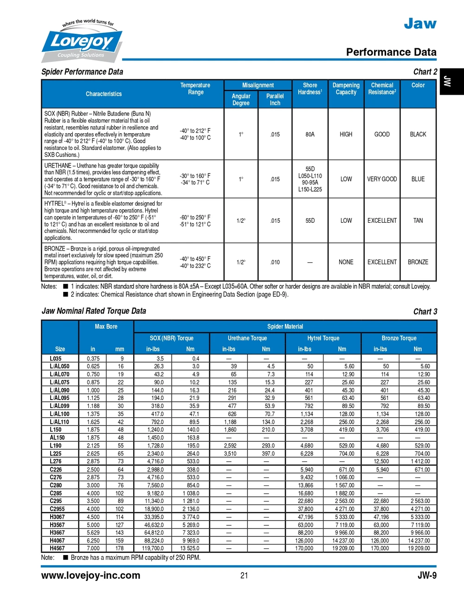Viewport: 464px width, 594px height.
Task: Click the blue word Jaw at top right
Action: pyautogui.click(x=420, y=23)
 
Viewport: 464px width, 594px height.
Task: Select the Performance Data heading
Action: pyautogui.click(x=391, y=52)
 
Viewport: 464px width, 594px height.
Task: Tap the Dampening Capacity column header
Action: pyautogui.click(x=346, y=89)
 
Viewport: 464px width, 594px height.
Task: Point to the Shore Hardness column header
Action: pyautogui.click(x=310, y=89)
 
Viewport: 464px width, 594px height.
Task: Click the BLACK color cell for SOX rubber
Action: pyautogui.click(x=418, y=135)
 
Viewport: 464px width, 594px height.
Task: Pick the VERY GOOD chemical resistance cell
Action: pyautogui.click(x=382, y=179)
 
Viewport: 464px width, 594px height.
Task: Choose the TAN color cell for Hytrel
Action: pyautogui.click(x=418, y=221)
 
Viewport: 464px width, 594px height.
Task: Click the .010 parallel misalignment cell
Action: pyautogui.click(x=275, y=262)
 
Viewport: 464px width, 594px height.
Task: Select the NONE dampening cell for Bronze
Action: pyautogui.click(x=346, y=262)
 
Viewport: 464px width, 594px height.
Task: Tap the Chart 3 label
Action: pyautogui.click(x=425, y=311)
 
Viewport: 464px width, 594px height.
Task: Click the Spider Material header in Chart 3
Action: pyautogui.click(x=285, y=327)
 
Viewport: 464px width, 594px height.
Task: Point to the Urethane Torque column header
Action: pyautogui.click(x=247, y=338)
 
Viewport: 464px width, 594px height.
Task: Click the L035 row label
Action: pyautogui.click(x=56, y=359)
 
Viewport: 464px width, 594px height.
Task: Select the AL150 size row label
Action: pyautogui.click(x=57, y=438)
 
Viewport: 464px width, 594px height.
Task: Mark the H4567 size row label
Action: pyautogui.click(x=57, y=548)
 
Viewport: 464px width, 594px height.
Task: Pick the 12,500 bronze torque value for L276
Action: pyautogui.click(x=381, y=461)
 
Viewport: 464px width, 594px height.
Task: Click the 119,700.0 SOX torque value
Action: pyautogui.click(x=154, y=548)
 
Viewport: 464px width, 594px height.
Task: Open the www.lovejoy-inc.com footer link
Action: pyautogui.click(x=90, y=575)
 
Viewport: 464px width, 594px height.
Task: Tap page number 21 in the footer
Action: pyautogui.click(x=244, y=575)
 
